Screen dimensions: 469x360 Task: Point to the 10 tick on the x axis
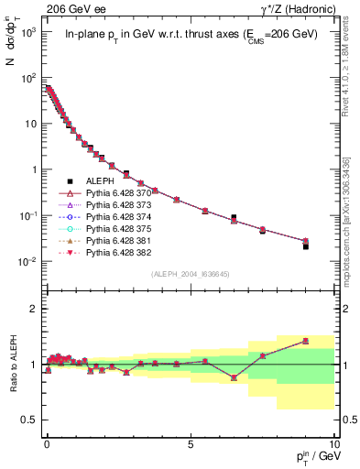pos(333,442)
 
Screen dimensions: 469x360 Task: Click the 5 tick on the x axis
pos(191,442)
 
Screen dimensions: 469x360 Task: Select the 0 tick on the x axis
pos(47,442)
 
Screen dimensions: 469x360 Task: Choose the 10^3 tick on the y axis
pos(29,31)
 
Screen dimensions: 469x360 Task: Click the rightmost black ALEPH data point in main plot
pos(306,246)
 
